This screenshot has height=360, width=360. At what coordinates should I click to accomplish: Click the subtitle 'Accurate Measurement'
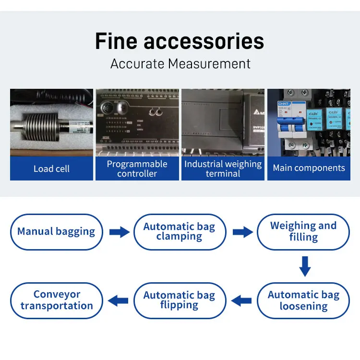tap(180, 63)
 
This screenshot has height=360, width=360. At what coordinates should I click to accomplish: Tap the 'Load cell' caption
tap(51, 168)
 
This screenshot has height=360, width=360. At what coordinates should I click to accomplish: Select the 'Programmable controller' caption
tap(137, 168)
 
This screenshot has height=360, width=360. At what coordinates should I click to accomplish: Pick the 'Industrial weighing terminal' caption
tap(223, 168)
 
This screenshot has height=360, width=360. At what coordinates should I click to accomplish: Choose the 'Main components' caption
tap(309, 168)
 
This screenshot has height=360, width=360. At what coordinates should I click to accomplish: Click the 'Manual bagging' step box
tap(56, 232)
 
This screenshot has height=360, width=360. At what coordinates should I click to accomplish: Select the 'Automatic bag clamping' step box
tap(179, 232)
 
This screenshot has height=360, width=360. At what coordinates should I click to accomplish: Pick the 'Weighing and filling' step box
tap(303, 232)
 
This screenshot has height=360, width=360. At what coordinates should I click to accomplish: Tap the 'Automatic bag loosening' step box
tap(303, 300)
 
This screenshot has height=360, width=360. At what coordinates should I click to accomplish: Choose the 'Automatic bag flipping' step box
tap(179, 300)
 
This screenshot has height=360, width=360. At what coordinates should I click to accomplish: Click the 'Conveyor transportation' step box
tap(57, 300)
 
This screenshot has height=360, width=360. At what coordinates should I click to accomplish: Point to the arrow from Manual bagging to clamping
tap(119, 232)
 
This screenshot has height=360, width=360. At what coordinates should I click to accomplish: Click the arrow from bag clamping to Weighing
tap(242, 232)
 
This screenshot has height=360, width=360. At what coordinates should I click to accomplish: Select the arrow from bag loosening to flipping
tap(241, 301)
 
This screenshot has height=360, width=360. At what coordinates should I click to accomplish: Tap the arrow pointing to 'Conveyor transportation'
tap(118, 301)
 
